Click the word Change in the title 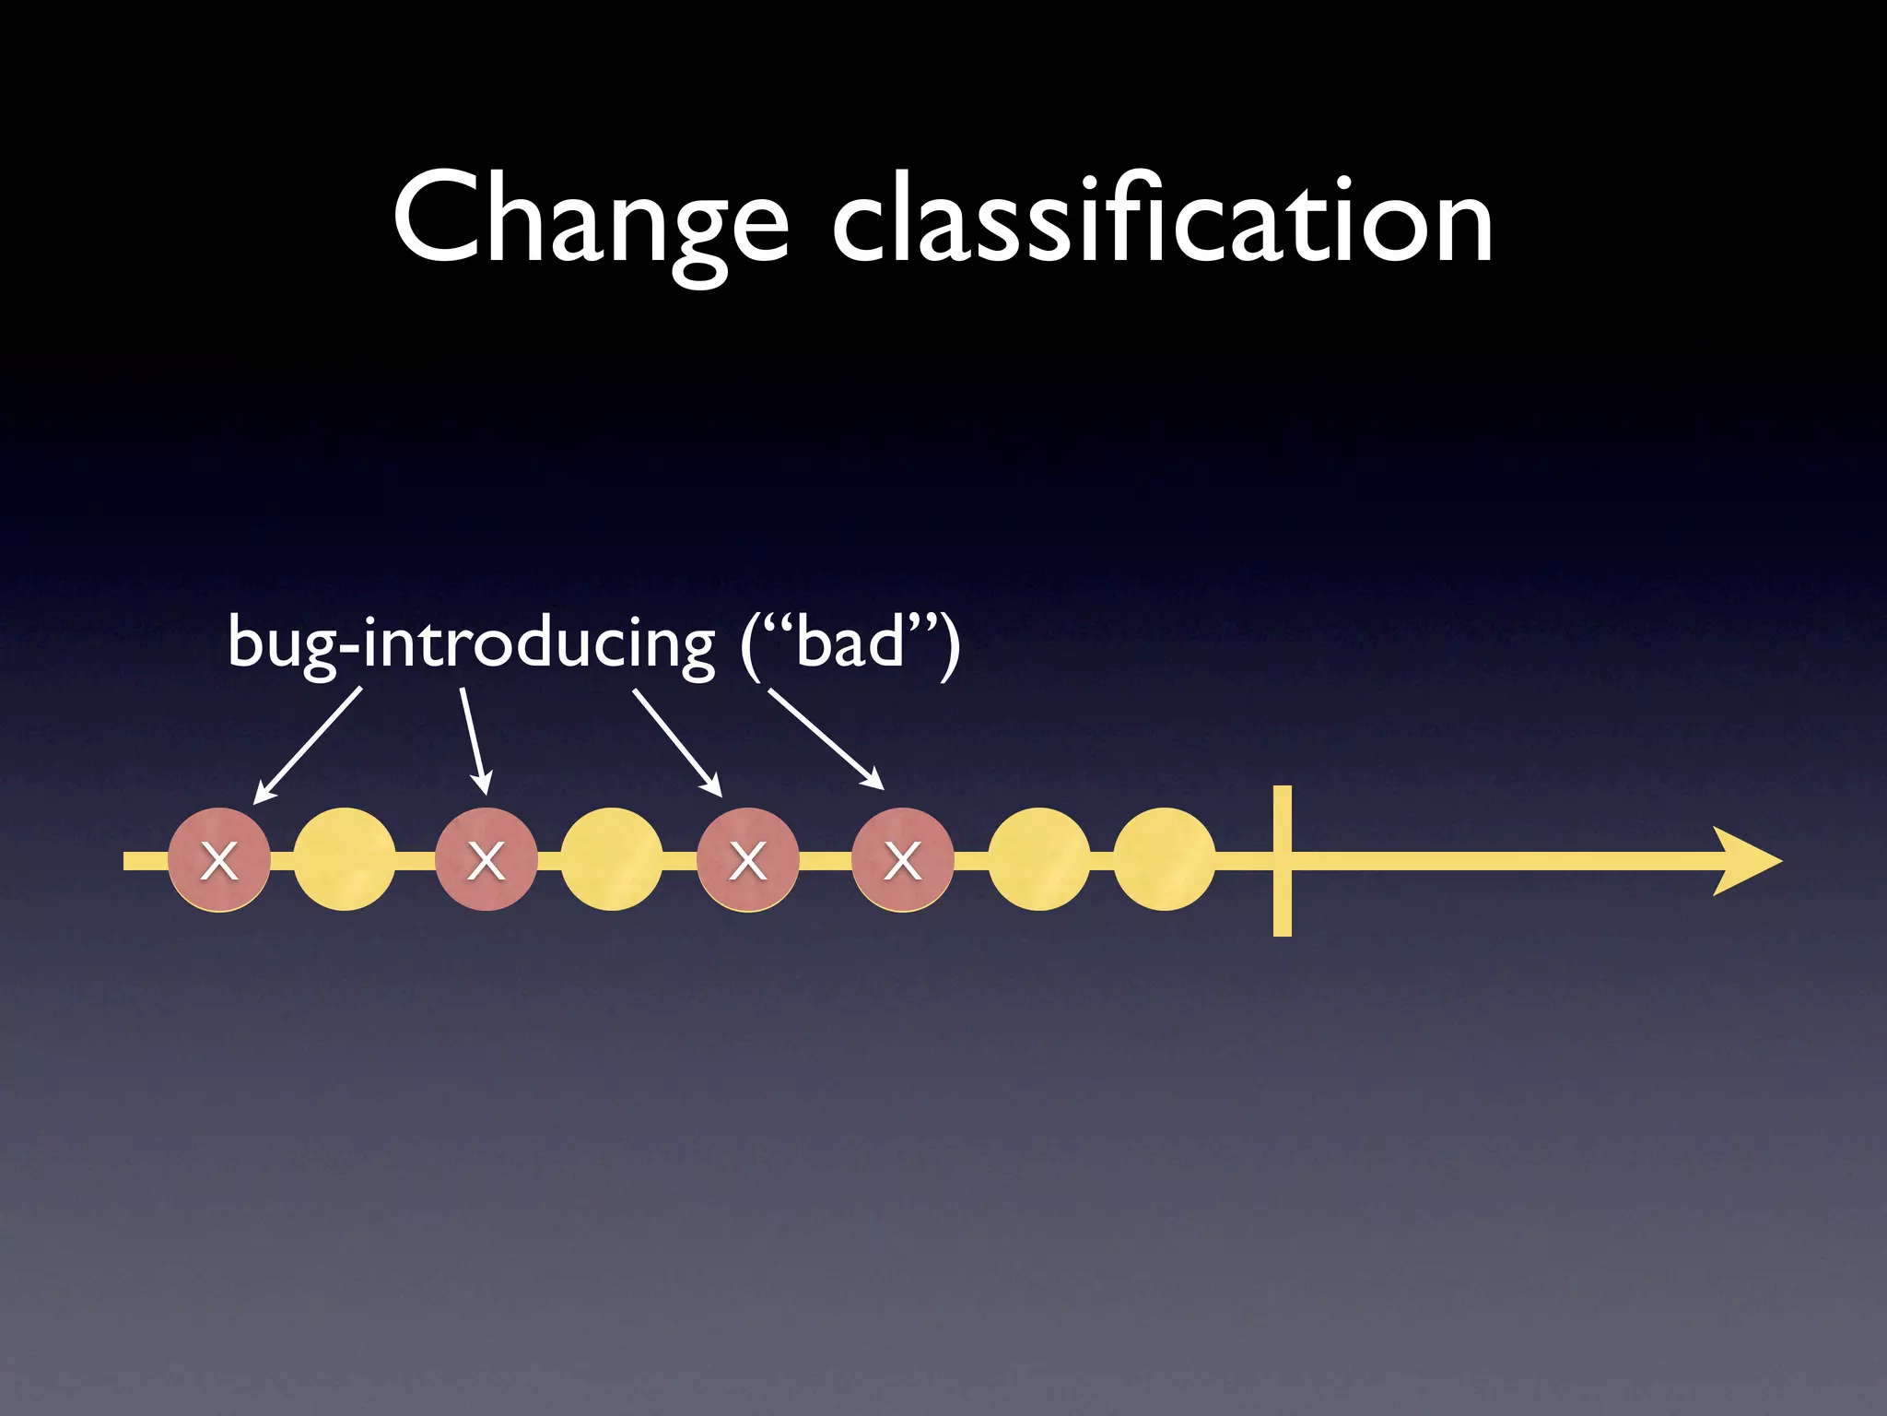tap(590, 221)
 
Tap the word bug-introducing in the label tap(471, 643)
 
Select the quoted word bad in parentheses tap(850, 643)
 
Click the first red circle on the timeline tap(219, 860)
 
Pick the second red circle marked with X tap(486, 860)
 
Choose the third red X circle tap(747, 860)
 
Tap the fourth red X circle tap(902, 860)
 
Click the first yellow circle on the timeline tap(345, 860)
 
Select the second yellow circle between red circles tap(611, 860)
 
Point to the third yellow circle tap(1038, 860)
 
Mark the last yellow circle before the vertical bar tap(1164, 860)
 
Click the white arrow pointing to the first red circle tap(307, 745)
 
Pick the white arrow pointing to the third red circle tap(676, 742)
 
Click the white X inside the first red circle tap(219, 861)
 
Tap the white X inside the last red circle tap(902, 861)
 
